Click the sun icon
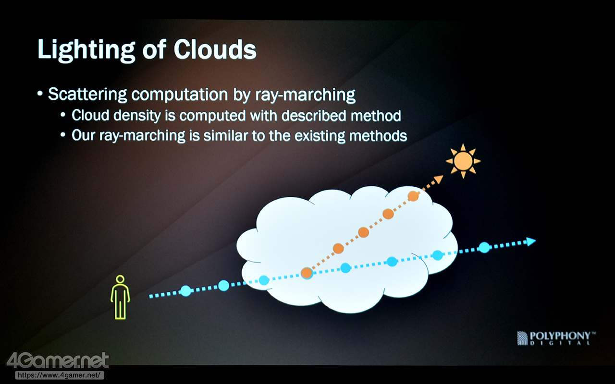pyautogui.click(x=463, y=161)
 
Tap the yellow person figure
pyautogui.click(x=120, y=297)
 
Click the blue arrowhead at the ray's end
pyautogui.click(x=531, y=241)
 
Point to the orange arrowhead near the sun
pyautogui.click(x=439, y=180)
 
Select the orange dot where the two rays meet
pyautogui.click(x=307, y=273)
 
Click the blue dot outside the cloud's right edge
pyautogui.click(x=485, y=247)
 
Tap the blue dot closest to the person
pyautogui.click(x=185, y=291)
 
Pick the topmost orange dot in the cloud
pyautogui.click(x=413, y=196)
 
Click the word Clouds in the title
pyautogui.click(x=215, y=49)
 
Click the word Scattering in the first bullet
pyautogui.click(x=87, y=95)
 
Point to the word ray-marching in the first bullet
pyautogui.click(x=305, y=95)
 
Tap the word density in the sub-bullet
pyautogui.click(x=137, y=116)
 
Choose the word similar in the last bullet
pyautogui.click(x=226, y=135)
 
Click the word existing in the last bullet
pyautogui.click(x=320, y=136)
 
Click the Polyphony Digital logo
pyautogui.click(x=556, y=338)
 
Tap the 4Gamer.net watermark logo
pyautogui.click(x=58, y=360)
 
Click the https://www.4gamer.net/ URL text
pyautogui.click(x=59, y=375)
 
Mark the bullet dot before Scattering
pyautogui.click(x=40, y=94)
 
